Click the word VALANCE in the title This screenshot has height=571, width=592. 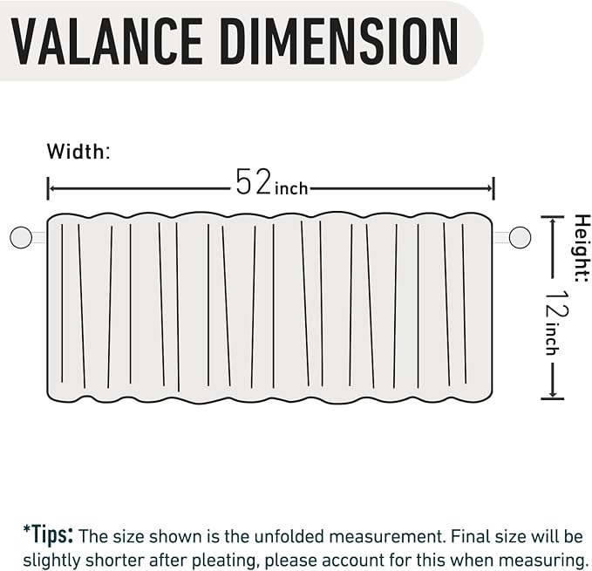107,42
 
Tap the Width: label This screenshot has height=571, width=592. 78,152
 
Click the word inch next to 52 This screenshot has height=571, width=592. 291,188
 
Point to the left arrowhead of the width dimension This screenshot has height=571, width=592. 52,188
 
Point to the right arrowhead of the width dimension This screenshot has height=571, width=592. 490,188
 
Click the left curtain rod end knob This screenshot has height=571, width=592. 21,237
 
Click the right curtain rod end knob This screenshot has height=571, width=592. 520,237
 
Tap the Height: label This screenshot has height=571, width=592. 582,248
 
